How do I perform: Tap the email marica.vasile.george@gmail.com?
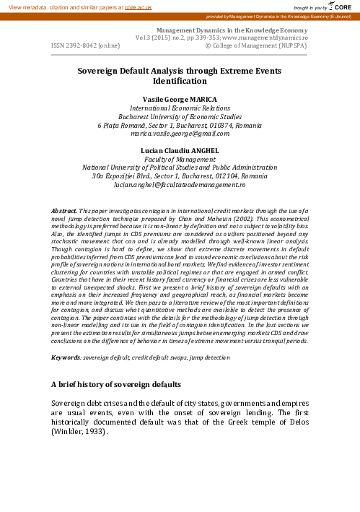pyautogui.click(x=180, y=134)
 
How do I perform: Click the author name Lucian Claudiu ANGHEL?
pyautogui.click(x=180, y=149)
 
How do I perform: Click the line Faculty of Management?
pyautogui.click(x=180, y=159)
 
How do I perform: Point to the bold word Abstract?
pyautogui.click(x=64, y=209)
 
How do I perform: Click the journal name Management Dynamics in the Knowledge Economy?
pyautogui.click(x=217, y=30)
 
